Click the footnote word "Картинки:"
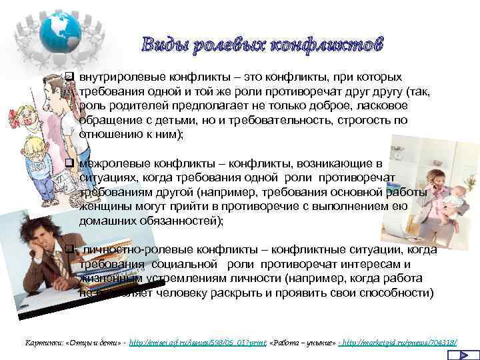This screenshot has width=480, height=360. tap(42, 342)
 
